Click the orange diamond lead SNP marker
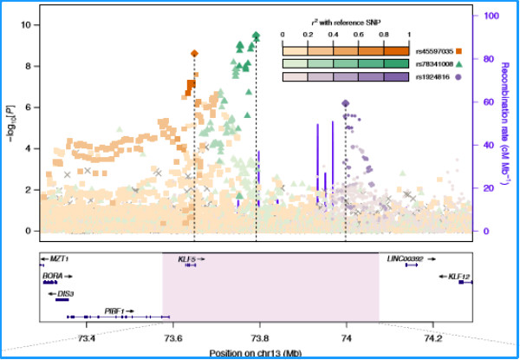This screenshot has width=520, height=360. (194, 54)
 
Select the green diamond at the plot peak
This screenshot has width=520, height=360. (256, 36)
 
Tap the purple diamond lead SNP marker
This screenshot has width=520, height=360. (346, 103)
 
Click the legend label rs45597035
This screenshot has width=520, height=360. (434, 51)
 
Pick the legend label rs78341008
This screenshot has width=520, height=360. (434, 64)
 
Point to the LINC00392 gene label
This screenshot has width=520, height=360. (405, 259)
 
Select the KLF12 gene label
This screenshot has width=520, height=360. (458, 277)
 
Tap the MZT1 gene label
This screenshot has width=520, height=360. (58, 259)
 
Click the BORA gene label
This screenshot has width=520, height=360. (52, 276)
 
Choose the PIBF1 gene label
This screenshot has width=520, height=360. (114, 310)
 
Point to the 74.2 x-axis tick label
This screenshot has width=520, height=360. (433, 338)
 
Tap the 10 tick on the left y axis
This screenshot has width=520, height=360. (27, 25)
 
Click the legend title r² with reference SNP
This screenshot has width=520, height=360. (346, 20)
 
